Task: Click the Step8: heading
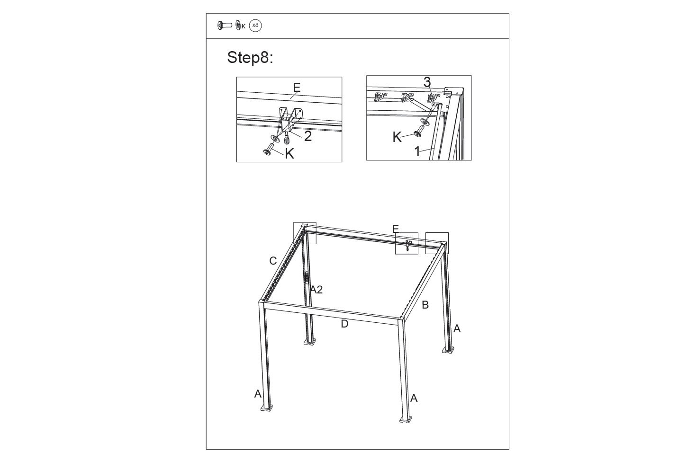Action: pos(250,58)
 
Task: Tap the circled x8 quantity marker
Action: pos(255,26)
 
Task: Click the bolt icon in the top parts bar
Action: pos(225,26)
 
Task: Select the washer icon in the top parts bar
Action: pos(238,26)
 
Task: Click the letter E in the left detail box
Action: pos(297,88)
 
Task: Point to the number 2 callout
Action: pos(308,136)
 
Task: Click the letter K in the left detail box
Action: pos(289,153)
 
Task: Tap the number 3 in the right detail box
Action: pos(427,82)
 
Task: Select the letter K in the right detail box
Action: pos(397,137)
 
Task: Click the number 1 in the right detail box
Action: pos(417,151)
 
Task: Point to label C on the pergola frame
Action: pos(273,261)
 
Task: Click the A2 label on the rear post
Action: pos(316,290)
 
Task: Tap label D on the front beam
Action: pos(344,324)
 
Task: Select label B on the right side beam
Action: pos(425,305)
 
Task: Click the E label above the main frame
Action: pos(395,229)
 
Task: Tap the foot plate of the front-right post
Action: pos(406,419)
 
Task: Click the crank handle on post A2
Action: pos(307,278)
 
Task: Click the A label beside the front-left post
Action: pos(258,394)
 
